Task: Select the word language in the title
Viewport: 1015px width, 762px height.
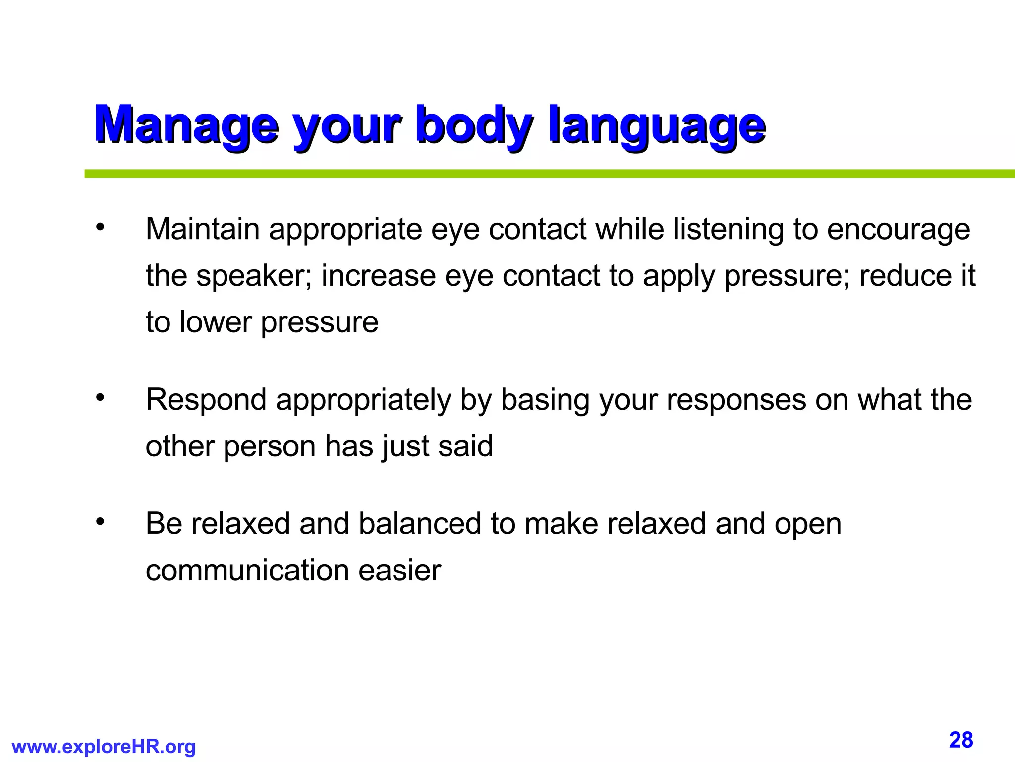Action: [x=657, y=125]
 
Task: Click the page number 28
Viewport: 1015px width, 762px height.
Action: [x=961, y=740]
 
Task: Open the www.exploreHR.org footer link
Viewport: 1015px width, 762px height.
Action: [x=104, y=746]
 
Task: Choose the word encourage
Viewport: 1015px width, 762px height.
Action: [x=898, y=230]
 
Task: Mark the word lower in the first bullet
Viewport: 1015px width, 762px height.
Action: [x=216, y=322]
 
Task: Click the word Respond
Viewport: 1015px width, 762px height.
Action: [x=206, y=400]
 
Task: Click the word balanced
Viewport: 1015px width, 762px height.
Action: [x=420, y=523]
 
